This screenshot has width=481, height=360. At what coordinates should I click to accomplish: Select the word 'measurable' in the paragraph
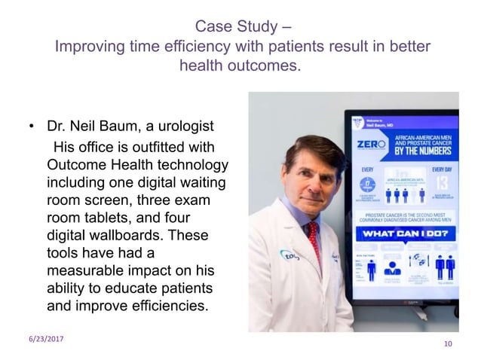click(85, 273)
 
